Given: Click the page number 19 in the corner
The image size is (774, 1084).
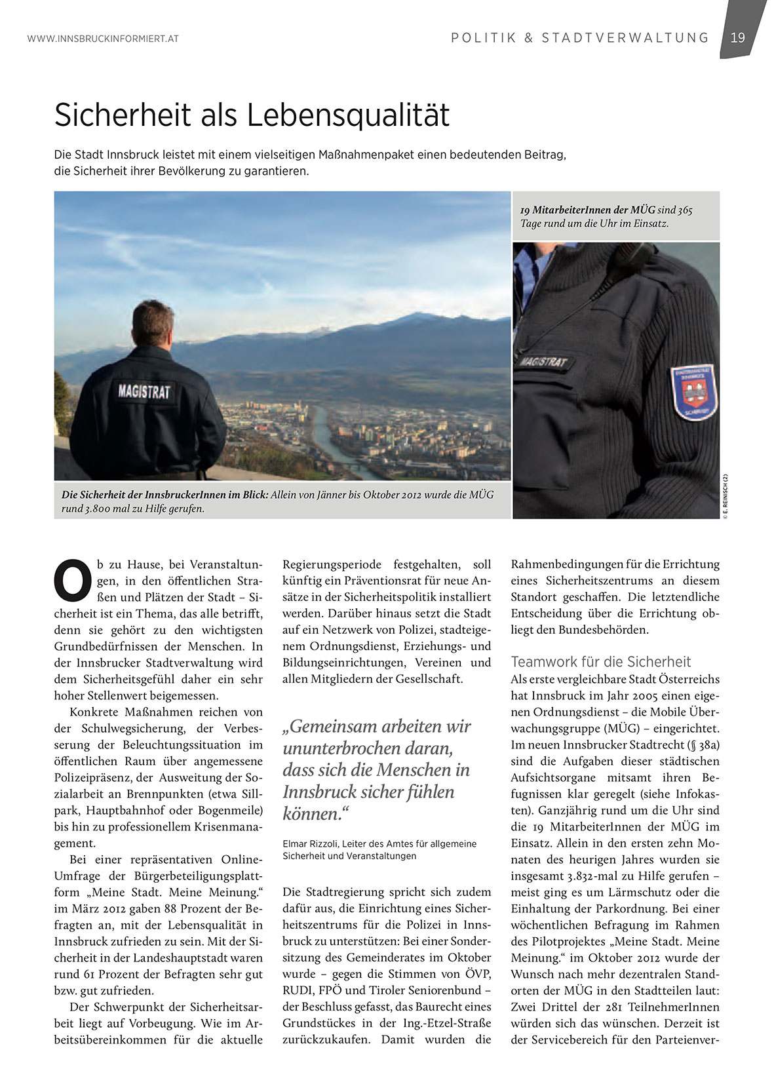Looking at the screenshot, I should [x=738, y=37].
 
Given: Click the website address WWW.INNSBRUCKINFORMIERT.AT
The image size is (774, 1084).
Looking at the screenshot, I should [x=103, y=39].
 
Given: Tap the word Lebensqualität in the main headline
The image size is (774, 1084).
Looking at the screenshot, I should [x=349, y=115].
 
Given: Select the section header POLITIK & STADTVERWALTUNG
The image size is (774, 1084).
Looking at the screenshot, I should [x=580, y=38].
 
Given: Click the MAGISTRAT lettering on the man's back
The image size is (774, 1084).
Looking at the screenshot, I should [x=144, y=392].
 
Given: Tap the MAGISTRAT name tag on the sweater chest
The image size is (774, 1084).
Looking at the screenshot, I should [x=544, y=362].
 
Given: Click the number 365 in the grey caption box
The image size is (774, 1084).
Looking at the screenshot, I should [x=684, y=210].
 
